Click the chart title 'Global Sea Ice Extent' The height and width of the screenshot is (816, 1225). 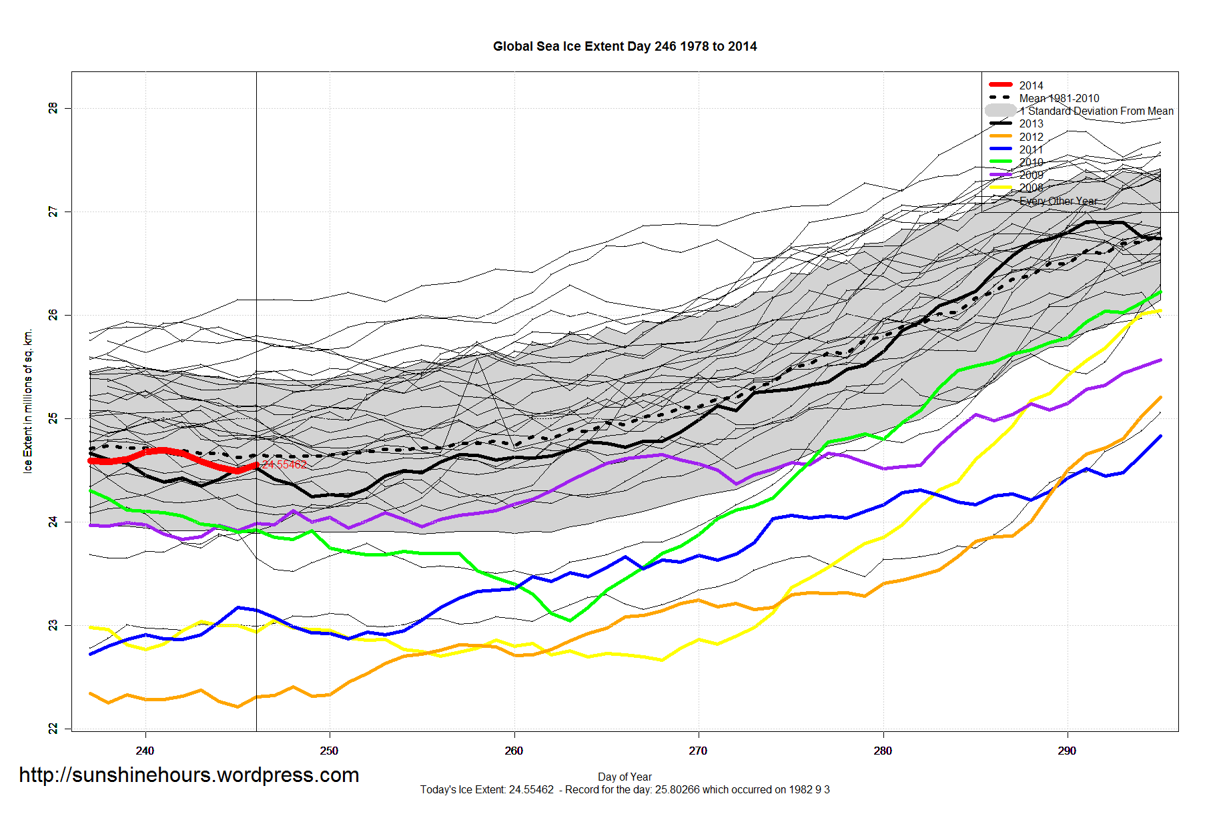625,47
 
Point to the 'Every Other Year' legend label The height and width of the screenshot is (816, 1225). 1058,201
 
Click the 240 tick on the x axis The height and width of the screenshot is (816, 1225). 145,751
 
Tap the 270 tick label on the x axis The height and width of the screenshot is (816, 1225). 698,751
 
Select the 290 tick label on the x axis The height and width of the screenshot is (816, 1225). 1067,751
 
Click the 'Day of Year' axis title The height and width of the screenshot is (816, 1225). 625,777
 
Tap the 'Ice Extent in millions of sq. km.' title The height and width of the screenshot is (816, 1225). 28,401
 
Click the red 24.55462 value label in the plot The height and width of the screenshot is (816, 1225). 284,464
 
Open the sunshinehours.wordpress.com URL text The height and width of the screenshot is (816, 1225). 189,775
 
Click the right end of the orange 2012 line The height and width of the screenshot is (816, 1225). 1160,398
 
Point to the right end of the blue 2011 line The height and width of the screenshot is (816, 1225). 1160,436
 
